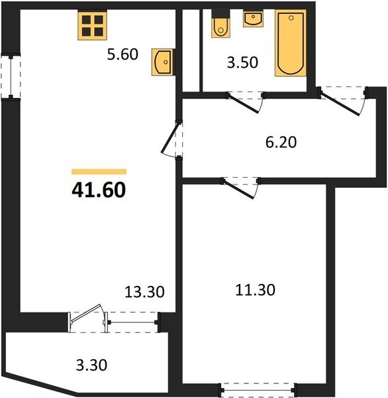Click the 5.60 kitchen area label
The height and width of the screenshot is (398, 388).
coord(122,54)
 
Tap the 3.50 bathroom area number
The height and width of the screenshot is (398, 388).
coord(242,62)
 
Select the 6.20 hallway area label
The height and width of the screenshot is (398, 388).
coord(281,142)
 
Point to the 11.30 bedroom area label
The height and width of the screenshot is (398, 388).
coord(255,290)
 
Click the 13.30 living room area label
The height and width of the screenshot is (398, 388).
coord(144,292)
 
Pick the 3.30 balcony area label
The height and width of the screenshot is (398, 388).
coord(91,365)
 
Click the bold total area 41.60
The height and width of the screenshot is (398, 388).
coord(99,190)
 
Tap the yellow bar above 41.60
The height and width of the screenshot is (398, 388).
coord(99,172)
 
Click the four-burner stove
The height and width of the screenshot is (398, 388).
coord(92,26)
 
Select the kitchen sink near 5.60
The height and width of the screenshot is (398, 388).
coord(162,62)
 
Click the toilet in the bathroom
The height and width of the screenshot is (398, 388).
coord(220,25)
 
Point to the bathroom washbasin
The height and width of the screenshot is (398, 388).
coord(253,19)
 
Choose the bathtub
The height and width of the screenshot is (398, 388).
coord(291,43)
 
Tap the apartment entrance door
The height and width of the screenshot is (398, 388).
coord(342,101)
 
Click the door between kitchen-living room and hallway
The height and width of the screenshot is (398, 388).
coord(171,139)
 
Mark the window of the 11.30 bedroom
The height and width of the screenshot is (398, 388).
coord(258,388)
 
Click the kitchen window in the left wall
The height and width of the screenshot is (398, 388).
coord(11,76)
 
